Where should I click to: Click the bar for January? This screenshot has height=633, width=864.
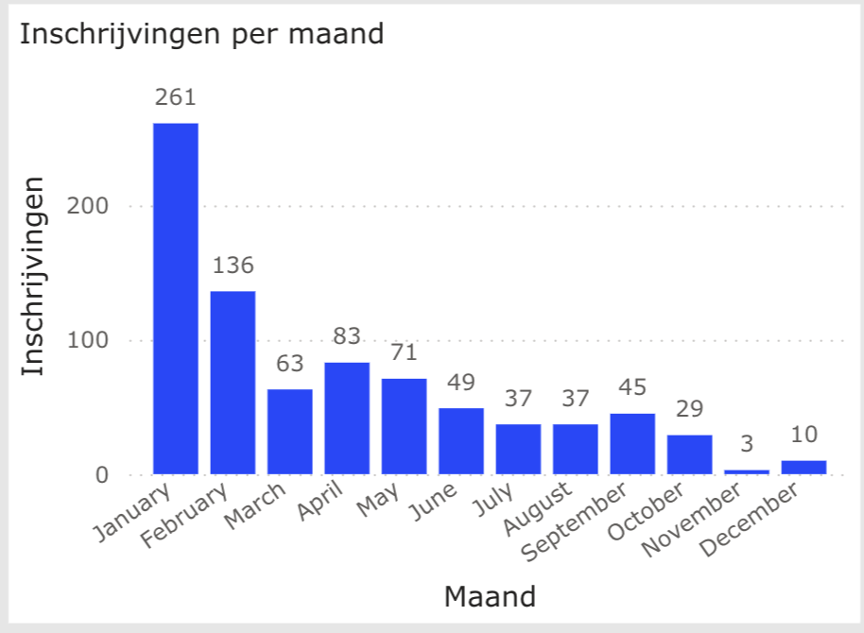click(x=176, y=299)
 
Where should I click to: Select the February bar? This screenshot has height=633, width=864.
click(x=233, y=383)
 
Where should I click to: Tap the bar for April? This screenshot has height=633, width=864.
click(x=347, y=419)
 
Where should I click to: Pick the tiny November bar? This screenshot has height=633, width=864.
click(x=747, y=471)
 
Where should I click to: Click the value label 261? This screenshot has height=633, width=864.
click(x=176, y=97)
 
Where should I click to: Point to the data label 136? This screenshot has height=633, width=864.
click(x=233, y=265)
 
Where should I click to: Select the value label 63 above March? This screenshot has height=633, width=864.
click(x=289, y=364)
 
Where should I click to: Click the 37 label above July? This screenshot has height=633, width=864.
click(x=518, y=399)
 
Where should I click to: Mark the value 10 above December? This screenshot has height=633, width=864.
click(x=804, y=436)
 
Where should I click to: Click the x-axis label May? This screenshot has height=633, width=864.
click(x=379, y=500)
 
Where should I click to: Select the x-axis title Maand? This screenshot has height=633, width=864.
click(x=490, y=596)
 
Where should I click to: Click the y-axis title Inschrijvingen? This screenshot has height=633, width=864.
click(x=33, y=276)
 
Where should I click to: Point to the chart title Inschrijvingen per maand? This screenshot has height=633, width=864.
click(x=201, y=34)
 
